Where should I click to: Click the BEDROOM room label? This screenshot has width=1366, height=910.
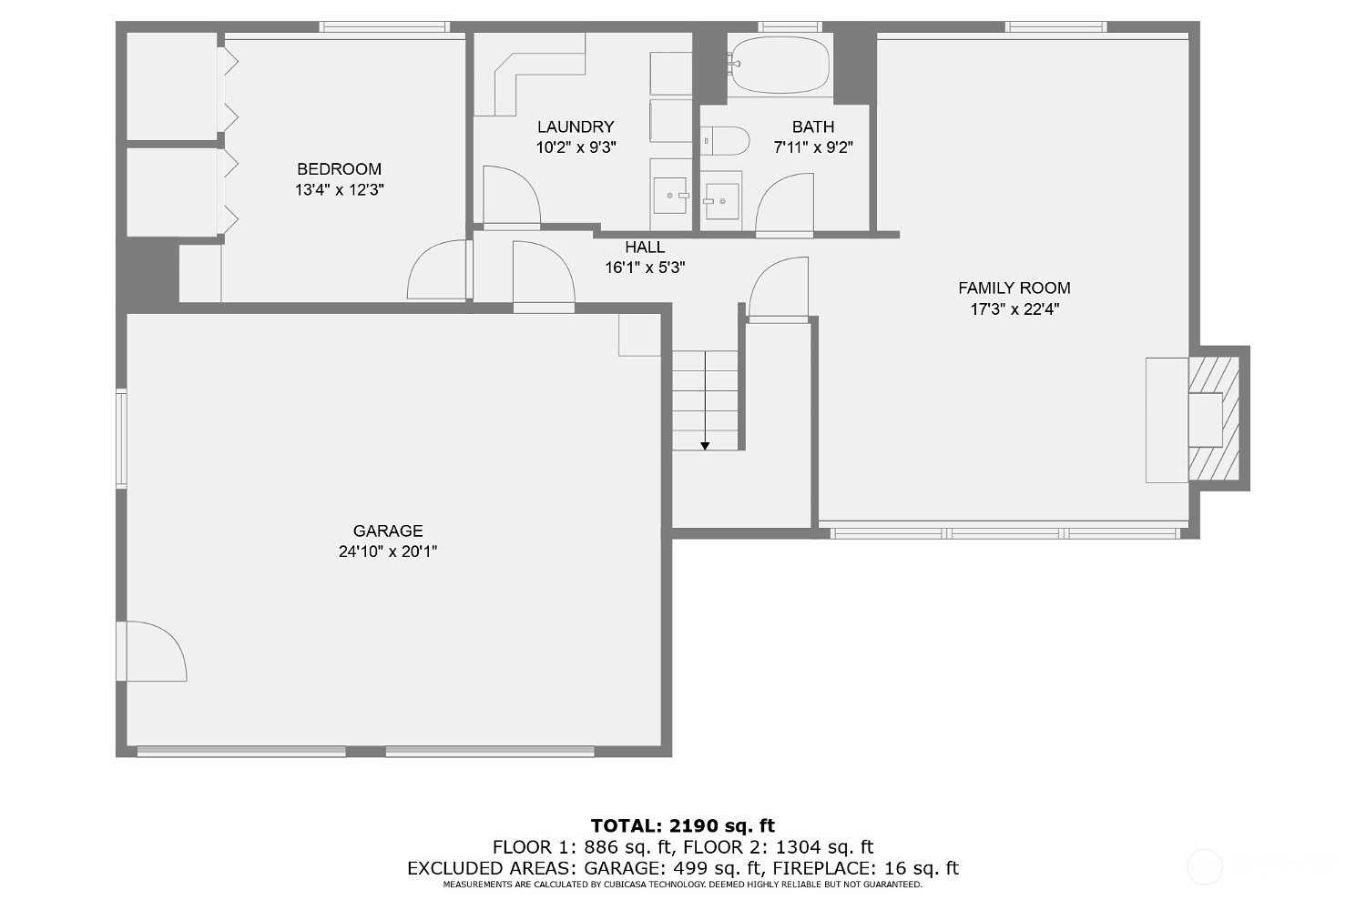tap(339, 169)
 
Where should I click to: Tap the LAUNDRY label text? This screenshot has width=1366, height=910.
tap(575, 126)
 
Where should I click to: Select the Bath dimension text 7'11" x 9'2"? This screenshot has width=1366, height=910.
tap(813, 147)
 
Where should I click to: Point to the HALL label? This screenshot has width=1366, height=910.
tap(645, 247)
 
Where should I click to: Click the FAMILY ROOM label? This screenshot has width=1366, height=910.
tap(1014, 288)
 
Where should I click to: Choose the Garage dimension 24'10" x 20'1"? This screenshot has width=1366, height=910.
tap(388, 551)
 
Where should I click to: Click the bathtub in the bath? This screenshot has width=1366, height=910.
tap(780, 64)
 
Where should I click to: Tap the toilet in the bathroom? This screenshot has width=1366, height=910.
tap(725, 141)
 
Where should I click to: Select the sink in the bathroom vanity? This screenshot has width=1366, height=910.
tap(721, 200)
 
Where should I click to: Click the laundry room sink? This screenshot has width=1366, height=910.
tap(670, 195)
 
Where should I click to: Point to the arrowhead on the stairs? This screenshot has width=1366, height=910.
tap(705, 446)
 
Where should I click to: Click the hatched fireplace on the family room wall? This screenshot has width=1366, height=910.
tap(1214, 418)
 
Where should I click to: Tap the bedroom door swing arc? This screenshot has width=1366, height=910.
tap(436, 269)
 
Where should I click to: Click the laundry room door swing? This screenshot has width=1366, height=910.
tap(512, 195)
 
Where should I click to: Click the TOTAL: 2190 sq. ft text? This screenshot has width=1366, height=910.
tap(682, 826)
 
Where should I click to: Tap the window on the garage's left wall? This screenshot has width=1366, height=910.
tap(122, 439)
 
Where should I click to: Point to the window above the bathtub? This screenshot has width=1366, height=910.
tap(790, 26)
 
